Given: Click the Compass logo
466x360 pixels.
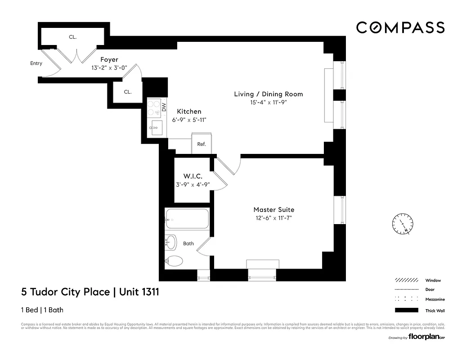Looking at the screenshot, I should (x=400, y=28).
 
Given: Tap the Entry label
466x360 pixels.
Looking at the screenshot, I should (x=36, y=63).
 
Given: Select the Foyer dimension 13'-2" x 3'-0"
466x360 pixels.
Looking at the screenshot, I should (x=109, y=67).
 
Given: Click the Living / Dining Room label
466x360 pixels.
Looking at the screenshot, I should (x=269, y=94).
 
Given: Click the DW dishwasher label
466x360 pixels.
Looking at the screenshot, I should (x=164, y=108).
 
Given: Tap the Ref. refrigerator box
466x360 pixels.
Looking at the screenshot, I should (x=202, y=144).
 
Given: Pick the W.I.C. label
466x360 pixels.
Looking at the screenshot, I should (x=193, y=176).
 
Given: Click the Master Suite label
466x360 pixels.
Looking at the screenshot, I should (x=273, y=210).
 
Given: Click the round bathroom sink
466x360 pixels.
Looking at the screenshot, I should (x=171, y=242).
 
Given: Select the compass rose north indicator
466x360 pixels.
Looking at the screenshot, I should (x=402, y=224).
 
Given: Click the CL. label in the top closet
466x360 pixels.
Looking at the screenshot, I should (x=73, y=37).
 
